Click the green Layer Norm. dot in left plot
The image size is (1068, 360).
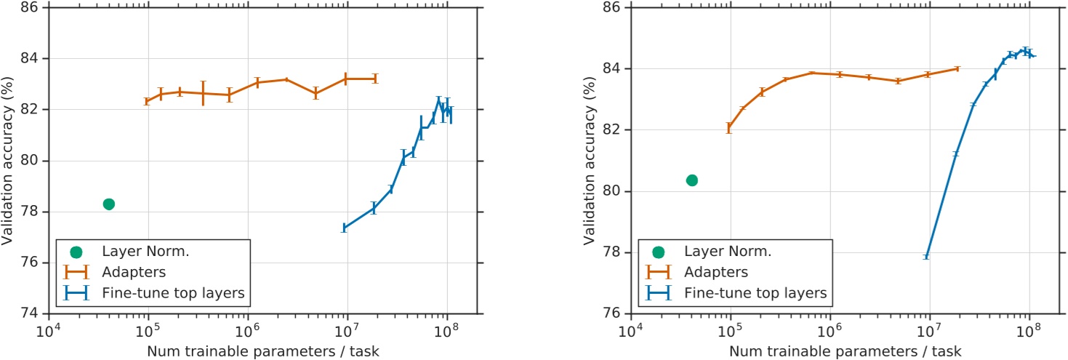[x=108, y=204]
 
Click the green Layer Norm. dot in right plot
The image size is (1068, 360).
[x=692, y=180]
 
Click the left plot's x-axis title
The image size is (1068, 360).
[x=263, y=351]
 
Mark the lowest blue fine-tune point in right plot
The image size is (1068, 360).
[x=926, y=257]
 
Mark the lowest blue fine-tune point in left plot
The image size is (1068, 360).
[x=344, y=228]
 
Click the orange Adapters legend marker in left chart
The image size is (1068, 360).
[x=76, y=272]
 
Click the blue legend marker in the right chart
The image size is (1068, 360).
[x=659, y=292]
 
